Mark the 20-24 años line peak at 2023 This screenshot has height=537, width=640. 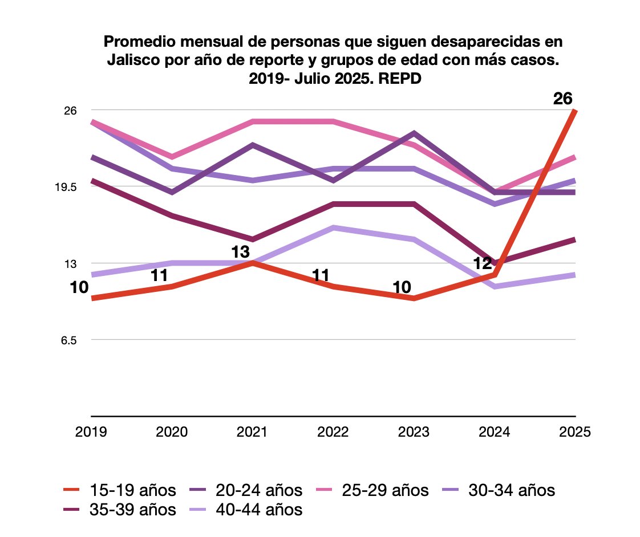pyautogui.click(x=414, y=133)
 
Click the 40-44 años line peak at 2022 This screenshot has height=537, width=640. pyautogui.click(x=333, y=227)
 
